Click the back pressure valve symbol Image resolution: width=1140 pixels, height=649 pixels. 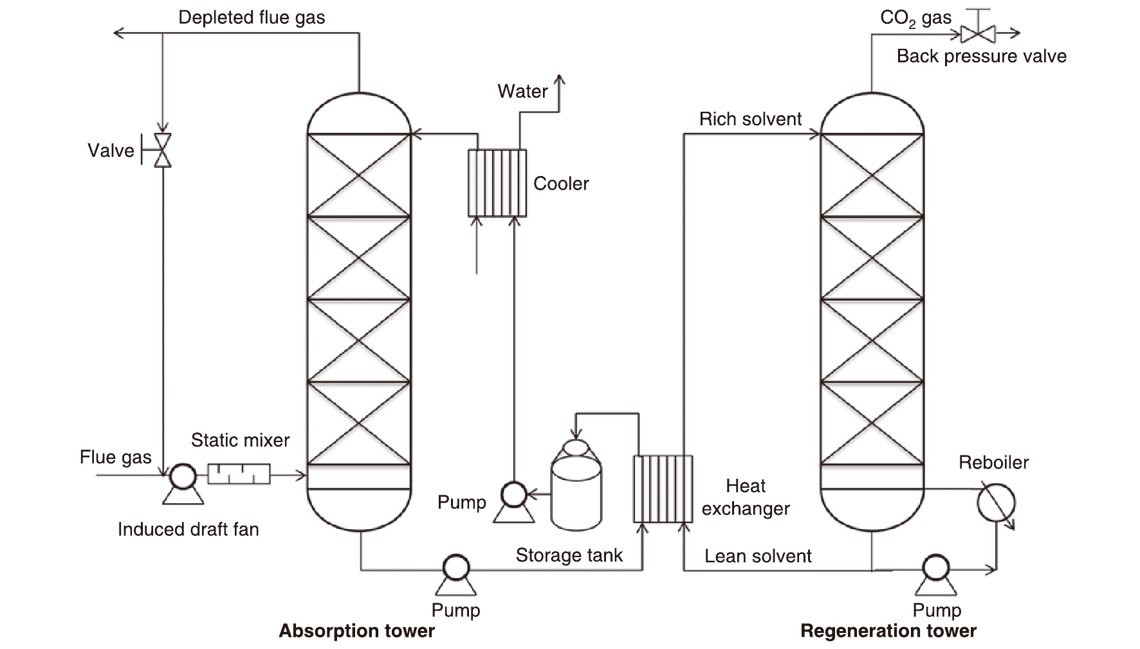(x=977, y=33)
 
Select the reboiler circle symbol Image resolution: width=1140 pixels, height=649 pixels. (x=995, y=503)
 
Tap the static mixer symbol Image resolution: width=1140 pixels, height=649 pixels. (x=239, y=474)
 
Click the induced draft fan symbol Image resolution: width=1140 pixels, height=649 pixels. (x=183, y=476)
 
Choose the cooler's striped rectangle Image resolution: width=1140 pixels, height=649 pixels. (x=497, y=183)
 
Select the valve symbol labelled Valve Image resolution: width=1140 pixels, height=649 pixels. (x=163, y=150)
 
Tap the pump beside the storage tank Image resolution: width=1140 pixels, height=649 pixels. (x=513, y=495)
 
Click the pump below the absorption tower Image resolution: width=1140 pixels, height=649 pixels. (x=456, y=568)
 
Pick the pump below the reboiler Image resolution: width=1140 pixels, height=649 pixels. (x=935, y=568)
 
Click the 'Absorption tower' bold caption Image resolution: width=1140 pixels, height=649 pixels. (x=356, y=631)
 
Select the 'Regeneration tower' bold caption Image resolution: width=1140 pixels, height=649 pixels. (x=888, y=631)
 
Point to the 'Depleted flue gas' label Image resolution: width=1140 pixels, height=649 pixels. (x=252, y=17)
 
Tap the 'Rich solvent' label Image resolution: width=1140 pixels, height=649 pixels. (x=750, y=120)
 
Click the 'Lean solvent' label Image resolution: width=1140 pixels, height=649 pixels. (x=758, y=556)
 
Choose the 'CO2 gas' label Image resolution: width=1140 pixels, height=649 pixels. (x=915, y=18)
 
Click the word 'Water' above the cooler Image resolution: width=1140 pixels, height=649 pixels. (x=522, y=91)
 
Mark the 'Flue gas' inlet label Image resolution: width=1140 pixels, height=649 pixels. (x=116, y=457)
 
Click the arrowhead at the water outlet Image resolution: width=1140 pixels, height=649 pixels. (x=559, y=80)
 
